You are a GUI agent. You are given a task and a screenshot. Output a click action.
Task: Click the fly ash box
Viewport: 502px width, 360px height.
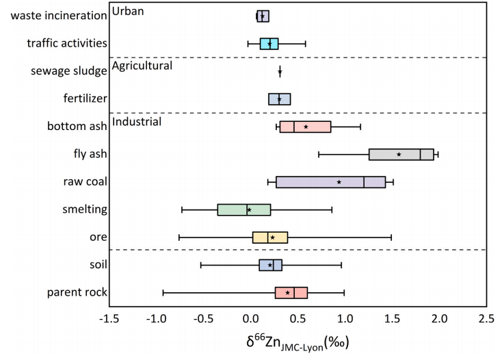pyautogui.click(x=401, y=154)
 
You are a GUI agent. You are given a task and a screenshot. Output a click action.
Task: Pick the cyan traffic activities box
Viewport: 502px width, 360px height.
pyautogui.click(x=269, y=44)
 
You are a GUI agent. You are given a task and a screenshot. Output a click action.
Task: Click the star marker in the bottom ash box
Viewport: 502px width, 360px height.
pyautogui.click(x=306, y=127)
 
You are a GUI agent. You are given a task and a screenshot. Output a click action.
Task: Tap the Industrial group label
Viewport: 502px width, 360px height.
pyautogui.click(x=136, y=122)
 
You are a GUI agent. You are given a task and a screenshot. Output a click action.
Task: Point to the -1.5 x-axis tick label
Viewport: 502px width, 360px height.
pyautogui.click(x=110, y=318)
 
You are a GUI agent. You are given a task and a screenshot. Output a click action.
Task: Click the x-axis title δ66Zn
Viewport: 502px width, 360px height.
pyautogui.click(x=297, y=340)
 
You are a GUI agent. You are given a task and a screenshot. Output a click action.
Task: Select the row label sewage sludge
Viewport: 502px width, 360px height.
pyautogui.click(x=69, y=71)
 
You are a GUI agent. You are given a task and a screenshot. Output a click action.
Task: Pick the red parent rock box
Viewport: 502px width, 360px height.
pyautogui.click(x=291, y=292)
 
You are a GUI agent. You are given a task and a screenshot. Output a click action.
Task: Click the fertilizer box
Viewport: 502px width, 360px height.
pyautogui.click(x=279, y=99)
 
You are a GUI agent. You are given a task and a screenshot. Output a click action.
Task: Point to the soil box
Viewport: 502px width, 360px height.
pyautogui.click(x=270, y=265)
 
